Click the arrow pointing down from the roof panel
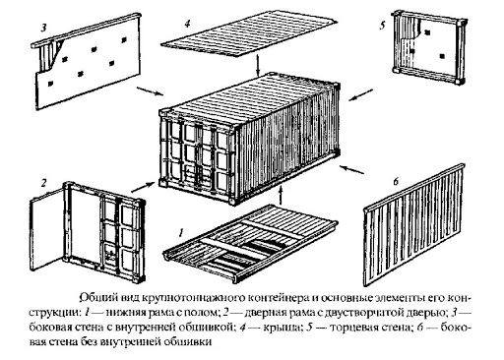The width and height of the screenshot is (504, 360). click(x=257, y=69)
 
